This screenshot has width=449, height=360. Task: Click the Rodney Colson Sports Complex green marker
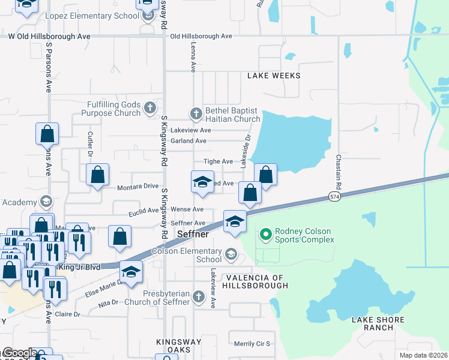265,235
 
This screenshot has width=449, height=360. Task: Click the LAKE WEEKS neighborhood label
274,76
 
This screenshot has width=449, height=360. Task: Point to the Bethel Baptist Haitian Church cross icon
196,113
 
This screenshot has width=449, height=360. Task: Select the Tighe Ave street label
218,161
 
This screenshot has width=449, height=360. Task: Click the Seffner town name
193,234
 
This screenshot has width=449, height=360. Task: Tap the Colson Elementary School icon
231,255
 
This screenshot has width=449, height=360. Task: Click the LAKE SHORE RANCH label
378,323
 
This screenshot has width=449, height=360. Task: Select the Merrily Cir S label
252,344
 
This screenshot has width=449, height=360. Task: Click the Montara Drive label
138,187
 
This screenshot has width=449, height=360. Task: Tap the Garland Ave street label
188,141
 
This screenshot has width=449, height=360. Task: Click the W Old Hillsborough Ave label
49,37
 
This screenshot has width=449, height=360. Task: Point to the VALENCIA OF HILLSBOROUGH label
257,282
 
